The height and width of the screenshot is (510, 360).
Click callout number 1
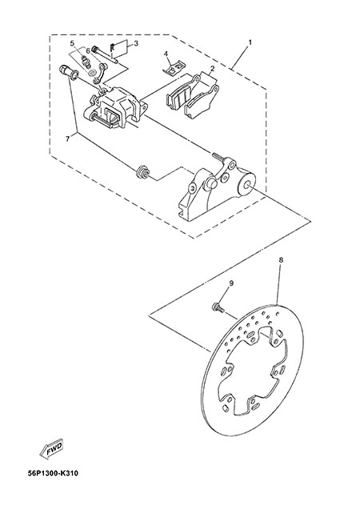coord(250,42)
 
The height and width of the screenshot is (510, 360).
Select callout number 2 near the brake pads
coord(212,69)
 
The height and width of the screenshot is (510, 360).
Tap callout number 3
coord(136,43)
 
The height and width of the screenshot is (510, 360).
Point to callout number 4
coord(166,54)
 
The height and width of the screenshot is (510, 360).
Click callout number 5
coord(72,43)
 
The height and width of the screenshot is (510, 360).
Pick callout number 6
coord(88,50)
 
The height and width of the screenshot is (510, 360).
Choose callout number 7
coord(67,139)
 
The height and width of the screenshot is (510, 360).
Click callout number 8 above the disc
coord(281,260)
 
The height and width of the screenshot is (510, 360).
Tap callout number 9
coord(231,283)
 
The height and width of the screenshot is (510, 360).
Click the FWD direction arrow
coord(50,451)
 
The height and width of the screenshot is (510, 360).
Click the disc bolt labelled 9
coord(218,307)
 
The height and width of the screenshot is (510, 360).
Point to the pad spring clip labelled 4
coord(173,68)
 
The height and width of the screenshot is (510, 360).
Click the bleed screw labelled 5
coord(85,62)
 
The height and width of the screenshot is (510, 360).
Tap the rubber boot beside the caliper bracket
coord(142,171)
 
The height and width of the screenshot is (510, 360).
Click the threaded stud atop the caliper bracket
coord(218,157)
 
